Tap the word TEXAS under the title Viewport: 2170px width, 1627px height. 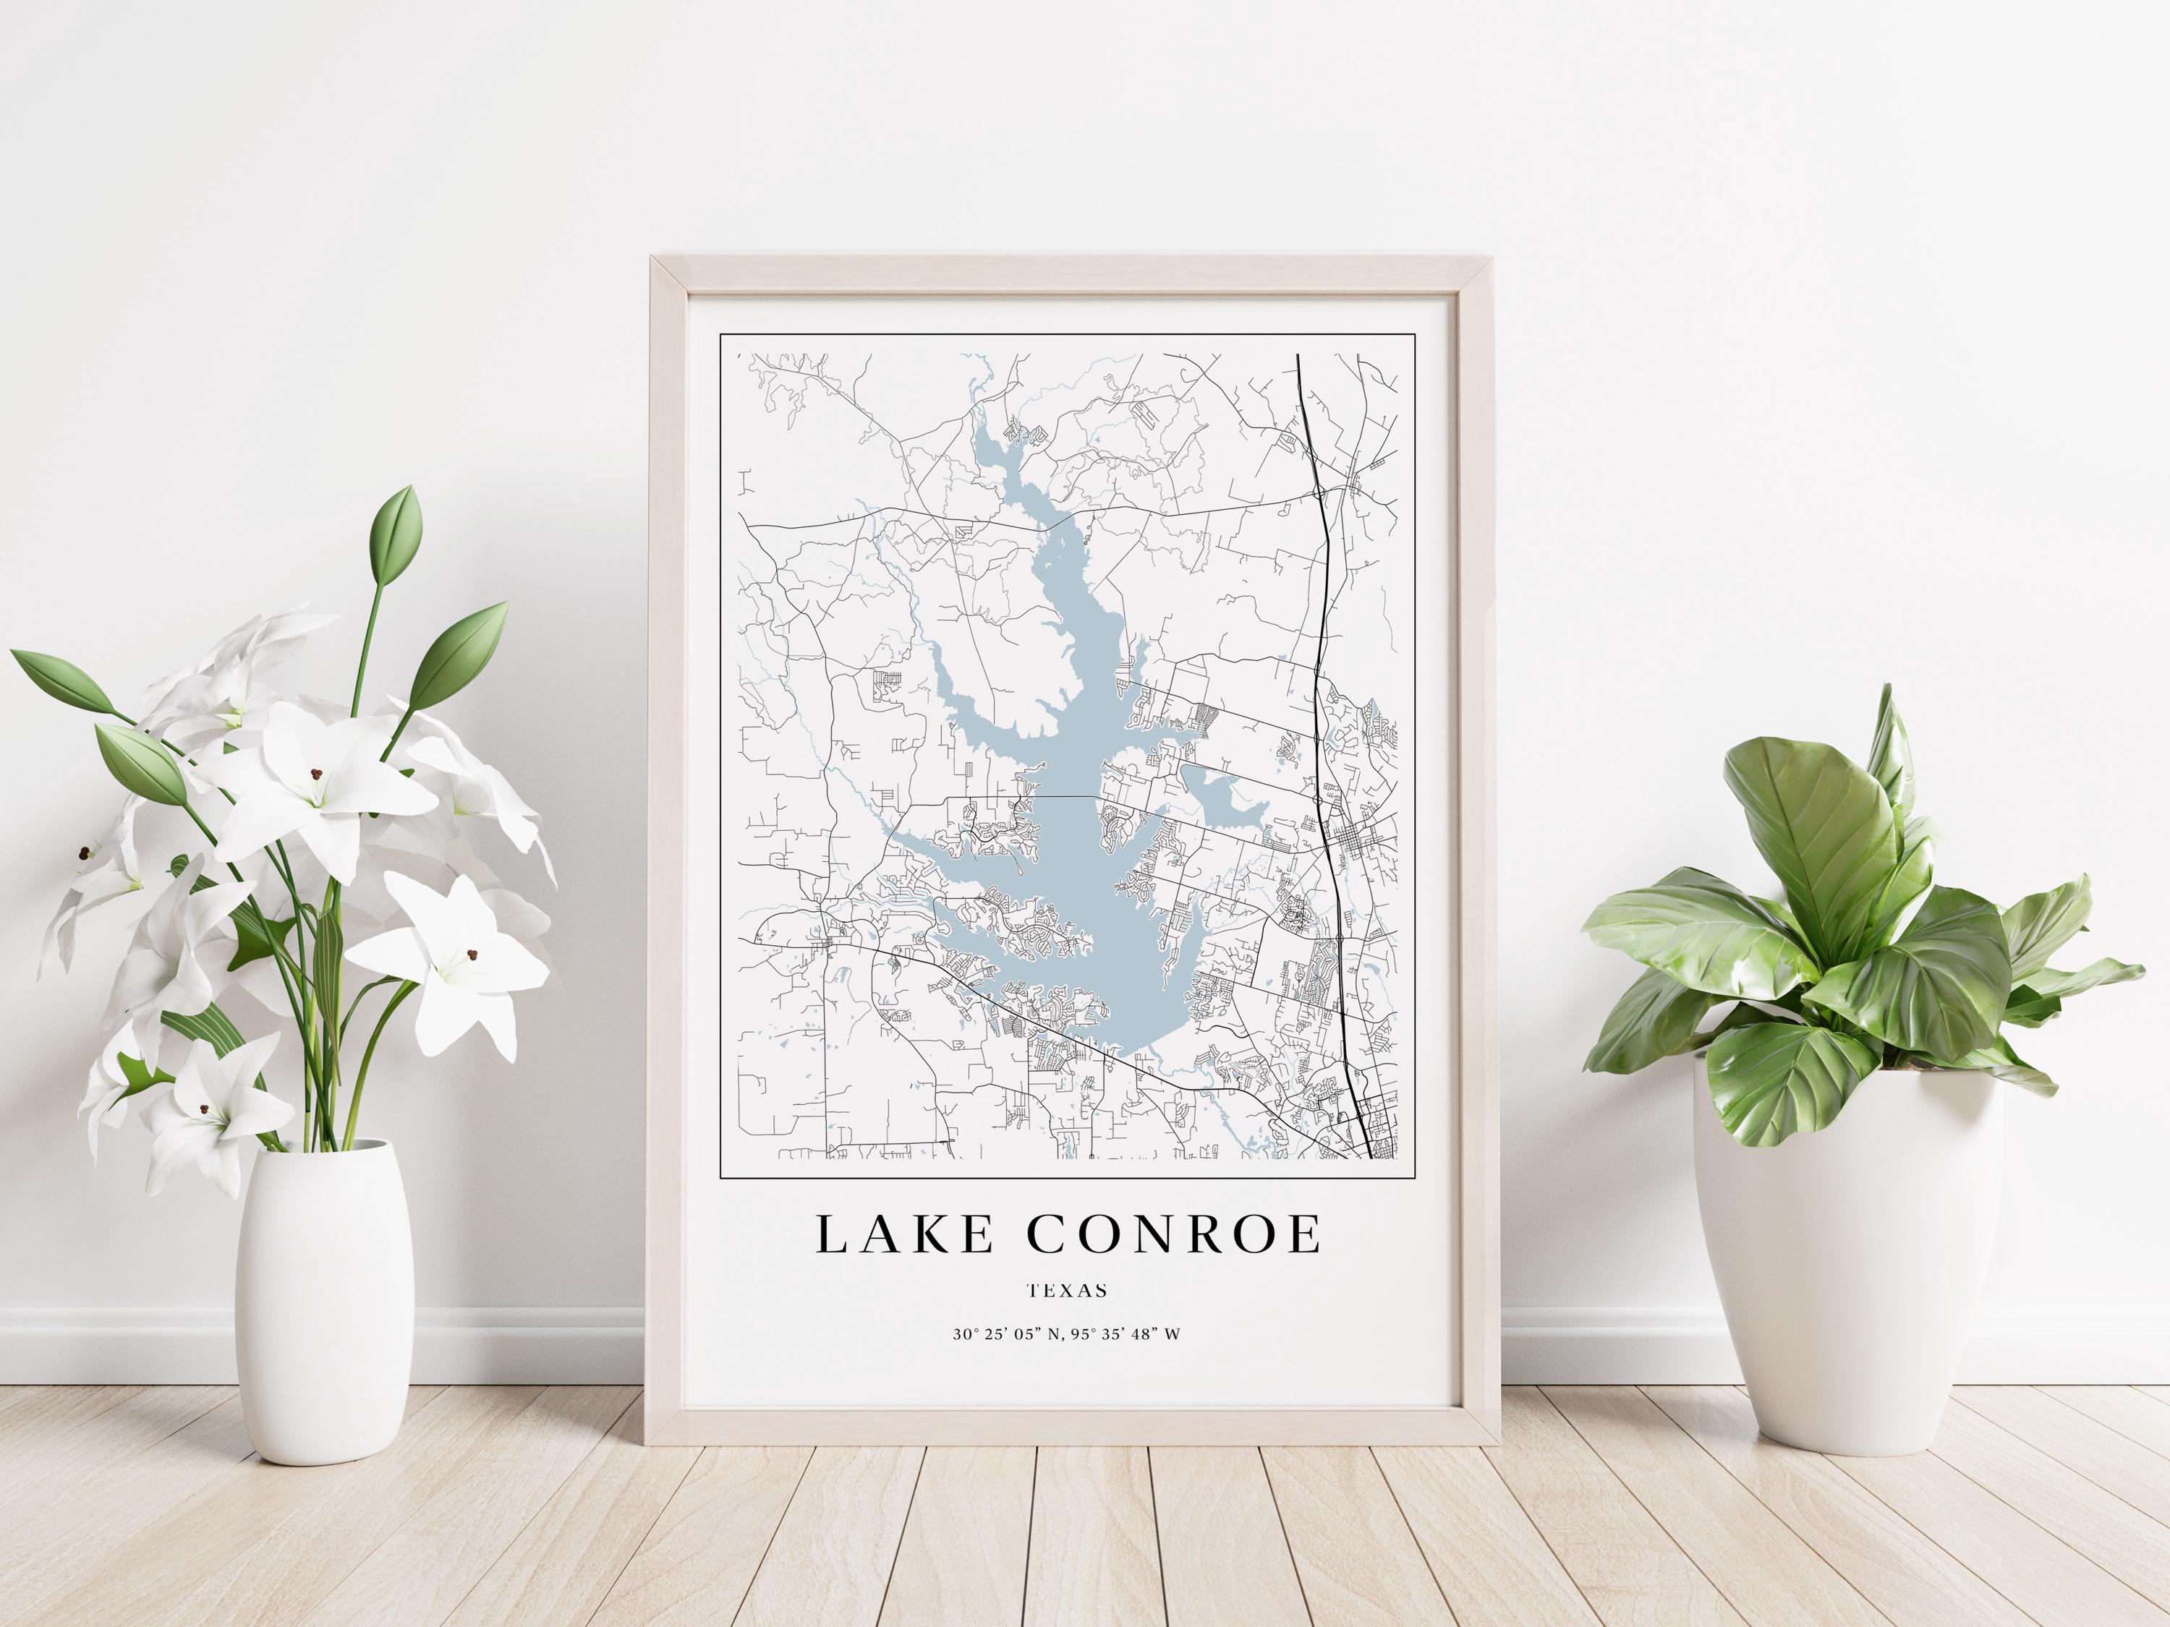point(1068,1291)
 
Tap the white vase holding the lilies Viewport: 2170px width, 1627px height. point(325,1304)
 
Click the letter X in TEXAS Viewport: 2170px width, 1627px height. point(1068,1291)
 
